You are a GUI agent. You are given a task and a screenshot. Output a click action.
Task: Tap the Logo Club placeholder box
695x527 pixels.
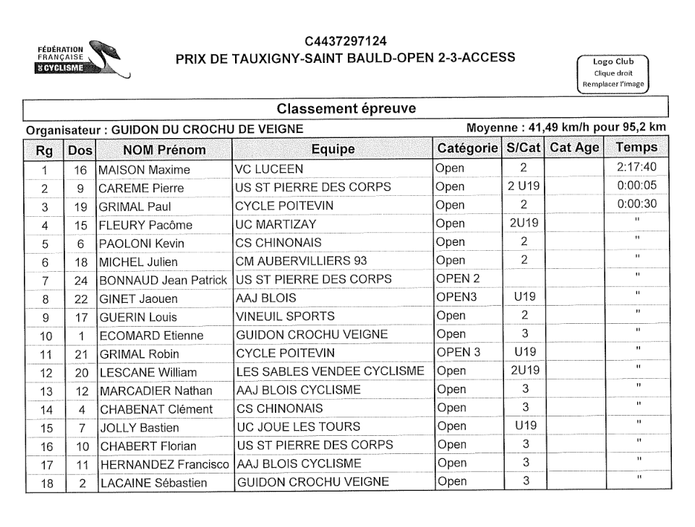click(613, 72)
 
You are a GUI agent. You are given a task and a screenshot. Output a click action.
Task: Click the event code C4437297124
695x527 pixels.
click(346, 40)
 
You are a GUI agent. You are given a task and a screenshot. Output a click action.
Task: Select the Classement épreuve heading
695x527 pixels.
click(345, 108)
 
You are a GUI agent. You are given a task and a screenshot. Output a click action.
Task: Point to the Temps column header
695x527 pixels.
click(636, 148)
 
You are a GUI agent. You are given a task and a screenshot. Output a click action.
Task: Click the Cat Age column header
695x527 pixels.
click(574, 148)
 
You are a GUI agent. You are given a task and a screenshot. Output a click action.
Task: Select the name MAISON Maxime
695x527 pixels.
click(145, 171)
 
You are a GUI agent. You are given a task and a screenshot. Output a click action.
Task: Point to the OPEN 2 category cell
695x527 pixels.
click(458, 280)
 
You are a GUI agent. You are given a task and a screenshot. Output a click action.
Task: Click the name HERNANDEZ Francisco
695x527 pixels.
click(164, 464)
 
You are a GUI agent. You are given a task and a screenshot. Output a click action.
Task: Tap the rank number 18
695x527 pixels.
click(45, 483)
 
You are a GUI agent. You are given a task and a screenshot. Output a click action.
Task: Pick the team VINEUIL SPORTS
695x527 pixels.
click(286, 317)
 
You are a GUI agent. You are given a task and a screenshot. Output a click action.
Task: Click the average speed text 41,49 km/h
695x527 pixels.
click(563, 129)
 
